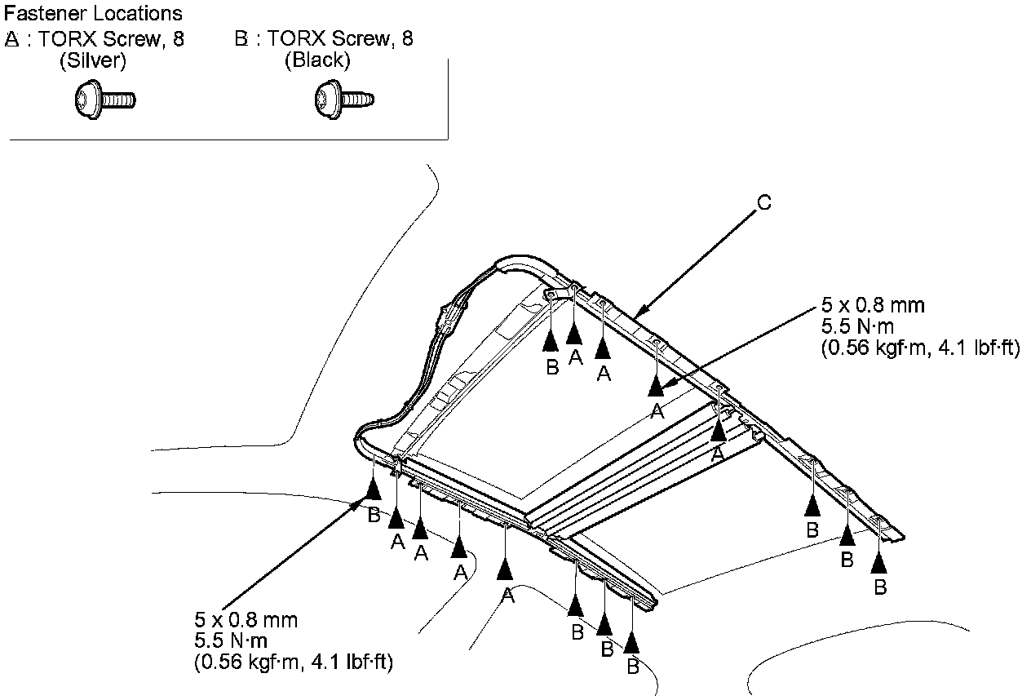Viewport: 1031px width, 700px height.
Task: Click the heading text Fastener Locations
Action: pos(93,14)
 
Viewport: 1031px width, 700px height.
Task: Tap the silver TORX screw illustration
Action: pos(105,100)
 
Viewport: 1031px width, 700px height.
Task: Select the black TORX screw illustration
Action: pos(344,100)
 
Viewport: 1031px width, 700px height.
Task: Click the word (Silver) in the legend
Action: pos(93,60)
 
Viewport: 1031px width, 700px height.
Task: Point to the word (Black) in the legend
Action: pos(317,60)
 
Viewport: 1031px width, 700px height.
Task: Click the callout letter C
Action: pos(764,203)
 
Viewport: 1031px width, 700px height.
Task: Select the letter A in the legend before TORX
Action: pos(12,39)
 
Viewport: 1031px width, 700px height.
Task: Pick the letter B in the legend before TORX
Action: pos(241,38)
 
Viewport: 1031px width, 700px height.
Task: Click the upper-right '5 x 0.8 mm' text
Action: pos(873,305)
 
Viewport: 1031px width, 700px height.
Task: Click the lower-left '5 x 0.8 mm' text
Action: pos(246,620)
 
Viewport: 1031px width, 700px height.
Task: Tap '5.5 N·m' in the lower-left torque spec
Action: pos(231,640)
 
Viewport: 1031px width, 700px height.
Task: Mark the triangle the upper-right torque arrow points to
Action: pos(656,386)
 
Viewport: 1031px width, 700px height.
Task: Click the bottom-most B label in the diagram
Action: pos(633,667)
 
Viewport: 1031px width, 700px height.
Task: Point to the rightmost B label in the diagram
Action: pos(880,587)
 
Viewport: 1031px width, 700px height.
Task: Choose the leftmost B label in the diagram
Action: pos(374,516)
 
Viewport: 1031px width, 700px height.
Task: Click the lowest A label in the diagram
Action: pos(507,596)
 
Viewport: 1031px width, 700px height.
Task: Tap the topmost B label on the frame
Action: pos(552,367)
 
